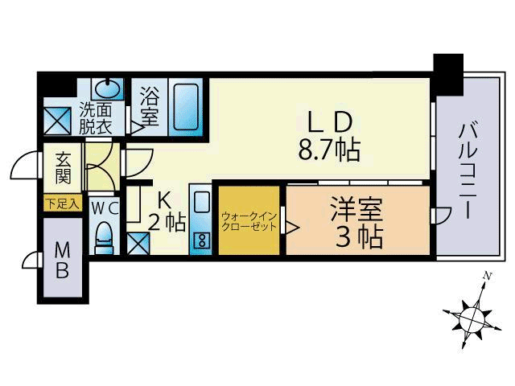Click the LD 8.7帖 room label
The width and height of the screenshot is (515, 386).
point(329,136)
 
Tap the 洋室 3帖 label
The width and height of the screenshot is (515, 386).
point(357,223)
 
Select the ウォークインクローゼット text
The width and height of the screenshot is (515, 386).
point(249,222)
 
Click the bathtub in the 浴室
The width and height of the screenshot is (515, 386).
point(186,107)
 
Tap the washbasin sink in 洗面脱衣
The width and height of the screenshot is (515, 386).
point(107,88)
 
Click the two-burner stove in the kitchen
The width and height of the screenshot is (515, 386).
point(201,240)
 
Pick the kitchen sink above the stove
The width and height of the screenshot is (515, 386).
point(201,202)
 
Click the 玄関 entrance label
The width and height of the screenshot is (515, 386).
point(63,168)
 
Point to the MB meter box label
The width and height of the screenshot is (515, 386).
point(63,261)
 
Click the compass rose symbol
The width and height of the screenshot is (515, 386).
point(472,318)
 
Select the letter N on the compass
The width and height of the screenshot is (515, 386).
point(488,277)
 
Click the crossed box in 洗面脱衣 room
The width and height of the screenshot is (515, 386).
point(57,121)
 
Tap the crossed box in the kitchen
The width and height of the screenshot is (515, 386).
point(138,243)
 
